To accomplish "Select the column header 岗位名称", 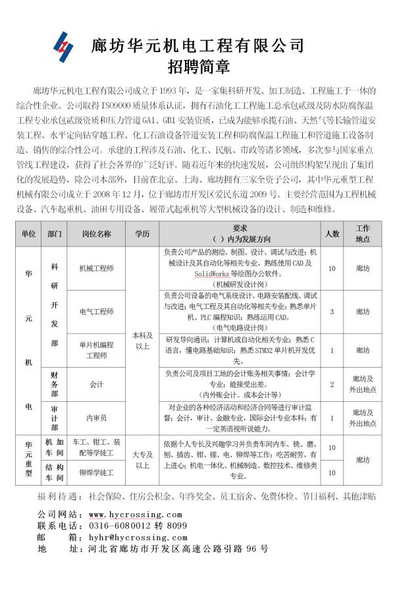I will tap(97, 233).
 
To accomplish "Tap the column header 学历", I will tap(142, 233).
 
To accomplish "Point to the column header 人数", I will tap(332, 233).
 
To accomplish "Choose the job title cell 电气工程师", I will tap(97, 311).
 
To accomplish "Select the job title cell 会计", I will tap(97, 383).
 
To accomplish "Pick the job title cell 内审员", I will tap(97, 418).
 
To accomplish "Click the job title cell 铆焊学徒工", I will tap(97, 472).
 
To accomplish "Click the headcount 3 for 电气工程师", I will tap(332, 311).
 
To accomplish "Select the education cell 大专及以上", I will tap(142, 459).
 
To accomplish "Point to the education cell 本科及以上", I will tap(142, 340).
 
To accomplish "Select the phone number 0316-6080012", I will tap(116, 526).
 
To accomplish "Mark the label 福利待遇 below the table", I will tap(57, 495).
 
